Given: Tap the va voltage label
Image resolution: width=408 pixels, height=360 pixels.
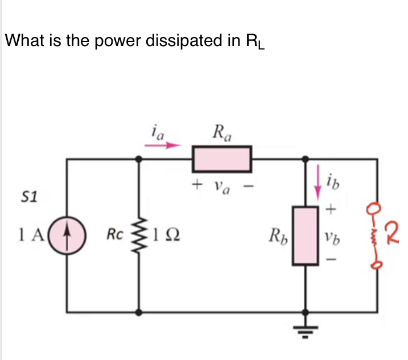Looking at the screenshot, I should coord(221,185).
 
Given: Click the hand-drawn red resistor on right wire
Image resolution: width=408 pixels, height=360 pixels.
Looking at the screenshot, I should coord(376,232).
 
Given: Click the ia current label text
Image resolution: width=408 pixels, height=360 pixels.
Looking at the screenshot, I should coord(158,133).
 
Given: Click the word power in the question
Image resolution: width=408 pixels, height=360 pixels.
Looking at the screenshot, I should coord(105,41).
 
